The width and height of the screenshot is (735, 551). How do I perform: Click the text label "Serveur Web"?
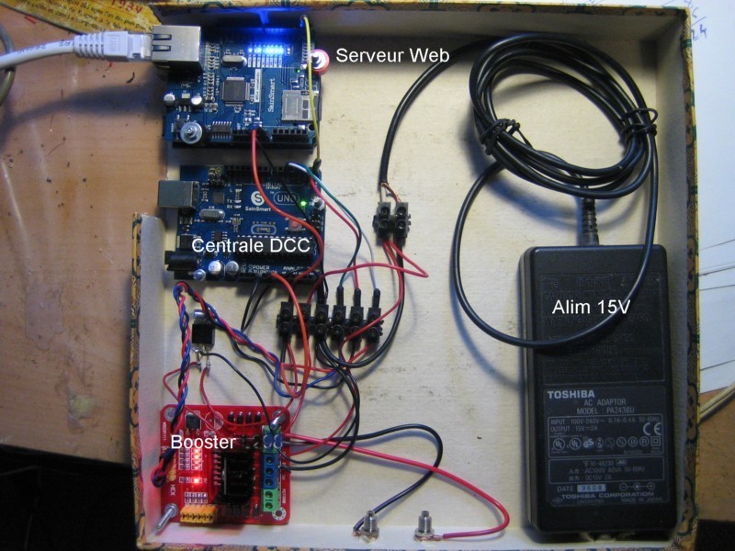(392, 56)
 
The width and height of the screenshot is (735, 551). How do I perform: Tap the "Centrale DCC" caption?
(252, 246)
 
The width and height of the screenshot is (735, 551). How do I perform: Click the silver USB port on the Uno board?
(179, 197)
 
